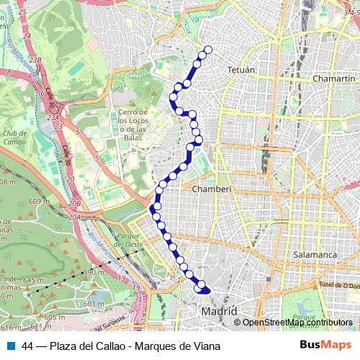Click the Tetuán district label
coord(242,71)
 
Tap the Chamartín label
coord(335,78)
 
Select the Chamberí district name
coord(210,188)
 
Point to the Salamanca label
coord(315,255)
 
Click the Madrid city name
coord(220,311)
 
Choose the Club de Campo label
coord(14,138)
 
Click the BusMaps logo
coord(325,345)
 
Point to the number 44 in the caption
coord(28,346)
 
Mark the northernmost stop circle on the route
coord(208,50)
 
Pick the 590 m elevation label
coord(94,273)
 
